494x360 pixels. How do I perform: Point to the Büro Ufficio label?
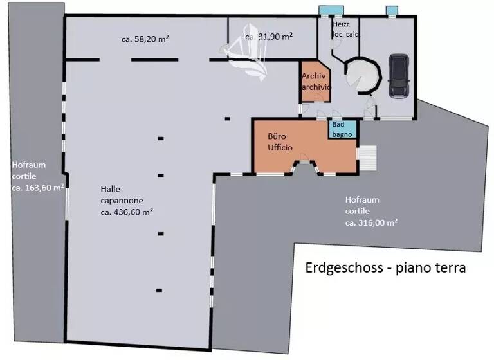point(280,142)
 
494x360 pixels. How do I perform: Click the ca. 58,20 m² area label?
point(145,39)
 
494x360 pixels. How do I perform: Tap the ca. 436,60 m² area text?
point(126,211)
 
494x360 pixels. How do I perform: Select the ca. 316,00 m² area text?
point(371,222)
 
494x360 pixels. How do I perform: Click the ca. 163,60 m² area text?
point(38,187)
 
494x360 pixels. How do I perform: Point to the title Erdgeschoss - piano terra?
point(385,267)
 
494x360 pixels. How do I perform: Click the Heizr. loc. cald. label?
point(346,29)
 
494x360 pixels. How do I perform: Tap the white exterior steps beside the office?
point(368,157)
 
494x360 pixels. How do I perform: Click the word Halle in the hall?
point(110,188)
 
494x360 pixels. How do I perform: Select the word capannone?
point(122,199)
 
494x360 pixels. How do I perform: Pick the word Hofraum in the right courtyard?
point(362,199)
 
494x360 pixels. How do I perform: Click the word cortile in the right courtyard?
point(357,211)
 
